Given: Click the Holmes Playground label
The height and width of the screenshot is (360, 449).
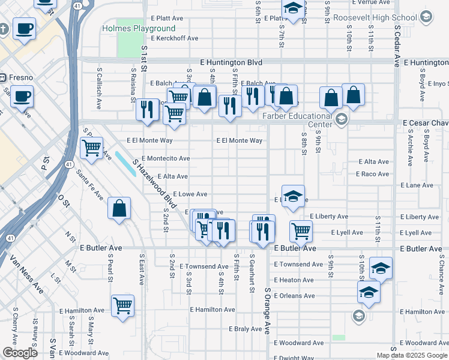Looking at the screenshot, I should coord(139,28).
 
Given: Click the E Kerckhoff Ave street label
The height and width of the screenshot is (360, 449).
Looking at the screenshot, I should coord(175,38).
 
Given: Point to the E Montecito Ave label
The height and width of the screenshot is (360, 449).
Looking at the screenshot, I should coord(166,158).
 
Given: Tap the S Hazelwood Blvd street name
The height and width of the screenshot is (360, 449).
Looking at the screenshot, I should coord(154,184).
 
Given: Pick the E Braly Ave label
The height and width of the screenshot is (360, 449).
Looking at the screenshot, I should coord(246,329).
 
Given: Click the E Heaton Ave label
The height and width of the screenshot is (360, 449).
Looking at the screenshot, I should coord(294,280).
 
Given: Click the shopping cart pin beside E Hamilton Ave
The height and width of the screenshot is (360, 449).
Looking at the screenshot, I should coord(123,305).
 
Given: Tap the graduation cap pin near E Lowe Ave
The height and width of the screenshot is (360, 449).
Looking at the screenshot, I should coord(292,196).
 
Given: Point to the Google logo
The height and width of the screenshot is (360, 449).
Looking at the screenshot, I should coord(20,353).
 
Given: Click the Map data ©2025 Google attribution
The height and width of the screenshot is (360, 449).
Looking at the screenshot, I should coord(411,355).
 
